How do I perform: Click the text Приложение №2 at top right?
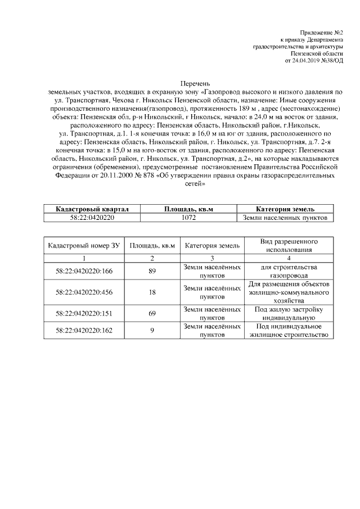point(322,33)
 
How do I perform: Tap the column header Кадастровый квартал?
point(92,209)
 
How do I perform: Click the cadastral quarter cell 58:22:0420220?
point(92,218)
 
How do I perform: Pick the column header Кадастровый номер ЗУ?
point(84,246)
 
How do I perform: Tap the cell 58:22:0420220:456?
point(84,292)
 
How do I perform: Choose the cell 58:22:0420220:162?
point(84,331)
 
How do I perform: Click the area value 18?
point(152,292)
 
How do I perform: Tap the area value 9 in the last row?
point(152,331)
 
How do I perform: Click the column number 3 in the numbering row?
point(213,258)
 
